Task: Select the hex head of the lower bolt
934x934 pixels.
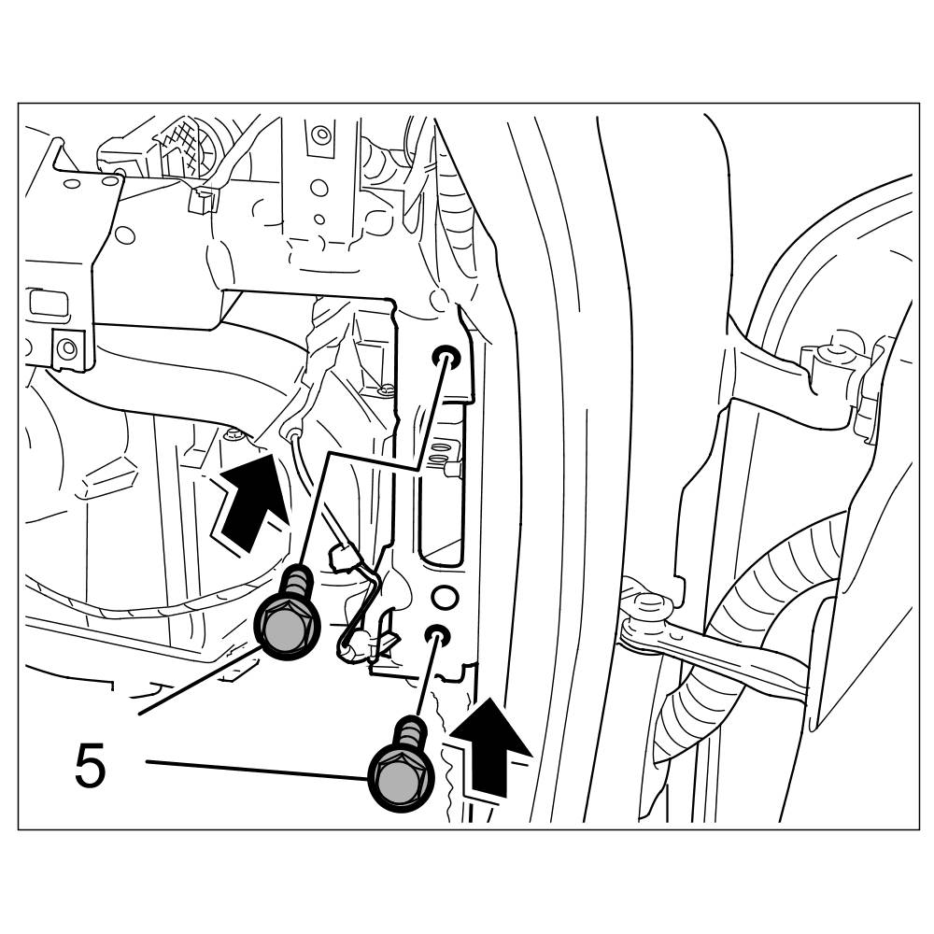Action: [x=401, y=775]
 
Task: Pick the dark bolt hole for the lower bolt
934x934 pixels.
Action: [x=436, y=635]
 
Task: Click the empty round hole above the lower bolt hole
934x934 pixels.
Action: [x=445, y=596]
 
